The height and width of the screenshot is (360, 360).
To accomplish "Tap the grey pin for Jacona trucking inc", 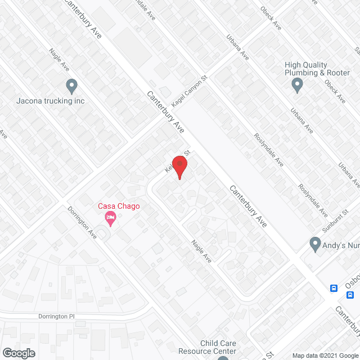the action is (71, 87).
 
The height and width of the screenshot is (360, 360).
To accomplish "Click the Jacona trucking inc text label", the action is (50, 101).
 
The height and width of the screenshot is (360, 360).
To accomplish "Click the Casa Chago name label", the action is (119, 206).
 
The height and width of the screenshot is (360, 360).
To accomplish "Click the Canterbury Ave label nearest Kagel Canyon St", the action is (166, 112).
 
